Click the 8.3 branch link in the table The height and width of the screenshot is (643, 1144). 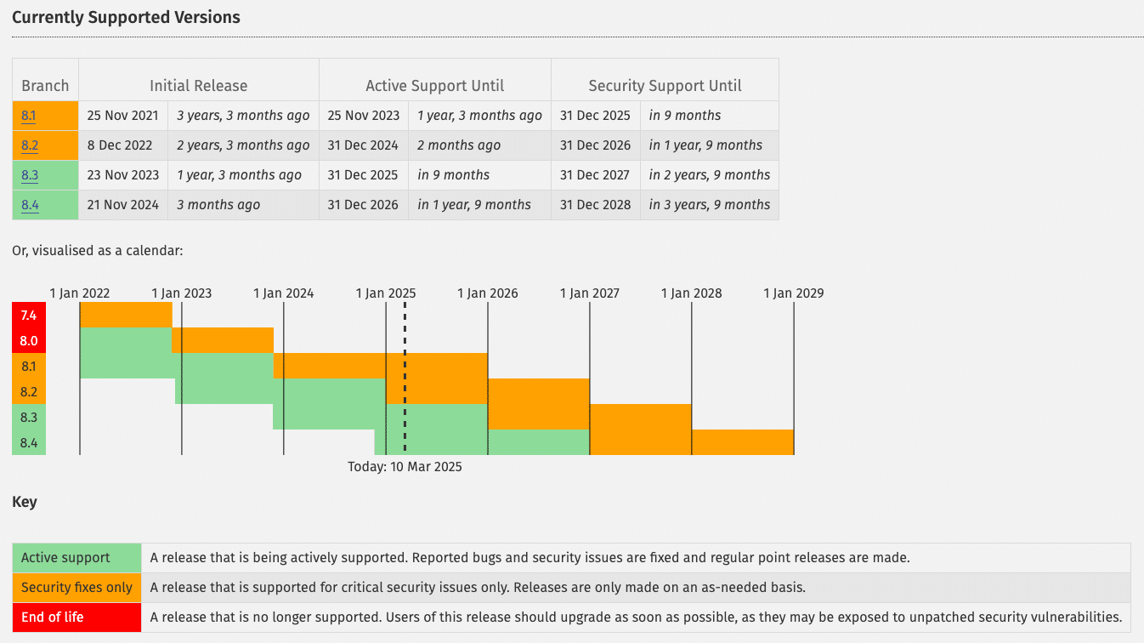(30, 175)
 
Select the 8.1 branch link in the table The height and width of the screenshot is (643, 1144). (29, 116)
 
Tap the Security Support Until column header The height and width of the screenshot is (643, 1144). (665, 86)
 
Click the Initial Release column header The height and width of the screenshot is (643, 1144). (198, 86)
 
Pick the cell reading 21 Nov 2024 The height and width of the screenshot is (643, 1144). (123, 205)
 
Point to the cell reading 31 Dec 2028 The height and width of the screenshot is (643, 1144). (595, 205)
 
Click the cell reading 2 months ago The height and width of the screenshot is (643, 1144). (459, 145)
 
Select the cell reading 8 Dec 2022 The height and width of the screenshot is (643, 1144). (120, 145)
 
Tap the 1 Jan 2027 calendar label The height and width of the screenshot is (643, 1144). (589, 293)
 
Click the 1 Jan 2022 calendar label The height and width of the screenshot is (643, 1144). (80, 293)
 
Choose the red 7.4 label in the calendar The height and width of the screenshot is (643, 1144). (29, 316)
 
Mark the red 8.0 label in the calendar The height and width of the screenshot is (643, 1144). (29, 341)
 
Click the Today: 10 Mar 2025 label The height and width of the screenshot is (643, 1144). (405, 467)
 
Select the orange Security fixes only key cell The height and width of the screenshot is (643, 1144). (76, 588)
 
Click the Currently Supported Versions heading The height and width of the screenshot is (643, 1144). (126, 17)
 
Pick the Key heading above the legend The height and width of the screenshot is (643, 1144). (25, 502)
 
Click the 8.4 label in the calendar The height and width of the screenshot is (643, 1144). (29, 443)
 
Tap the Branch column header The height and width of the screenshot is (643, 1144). (45, 86)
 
